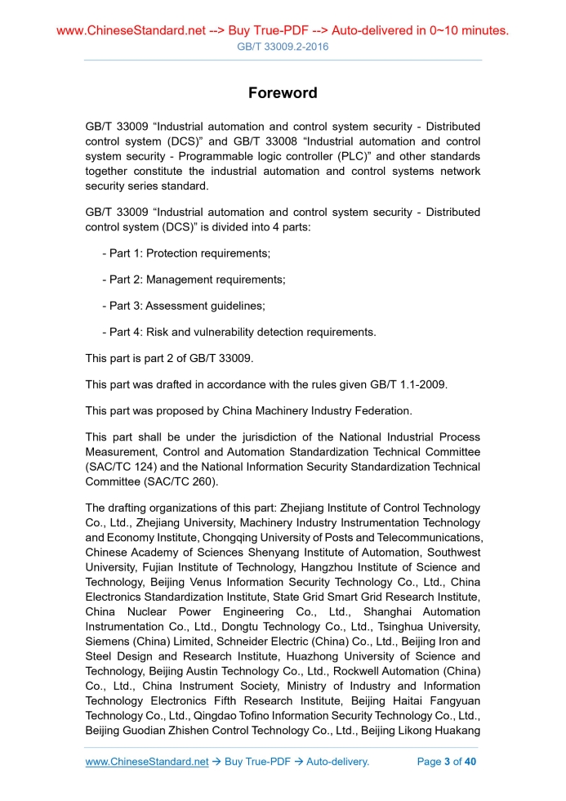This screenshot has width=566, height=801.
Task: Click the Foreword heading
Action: pyautogui.click(x=283, y=93)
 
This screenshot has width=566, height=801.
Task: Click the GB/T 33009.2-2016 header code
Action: pyautogui.click(x=283, y=47)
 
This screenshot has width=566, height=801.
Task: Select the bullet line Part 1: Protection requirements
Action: pyautogui.click(x=186, y=253)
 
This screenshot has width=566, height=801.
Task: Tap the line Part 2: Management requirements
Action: pyautogui.click(x=194, y=280)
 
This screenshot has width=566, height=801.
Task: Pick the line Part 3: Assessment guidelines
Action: pyautogui.click(x=183, y=306)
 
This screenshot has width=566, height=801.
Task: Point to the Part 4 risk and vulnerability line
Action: pyautogui.click(x=238, y=332)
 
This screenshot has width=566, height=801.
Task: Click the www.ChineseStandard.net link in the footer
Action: pyautogui.click(x=147, y=762)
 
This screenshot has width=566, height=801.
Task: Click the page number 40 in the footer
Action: pyautogui.click(x=470, y=762)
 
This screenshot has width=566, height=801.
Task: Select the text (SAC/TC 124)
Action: pyautogui.click(x=122, y=467)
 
